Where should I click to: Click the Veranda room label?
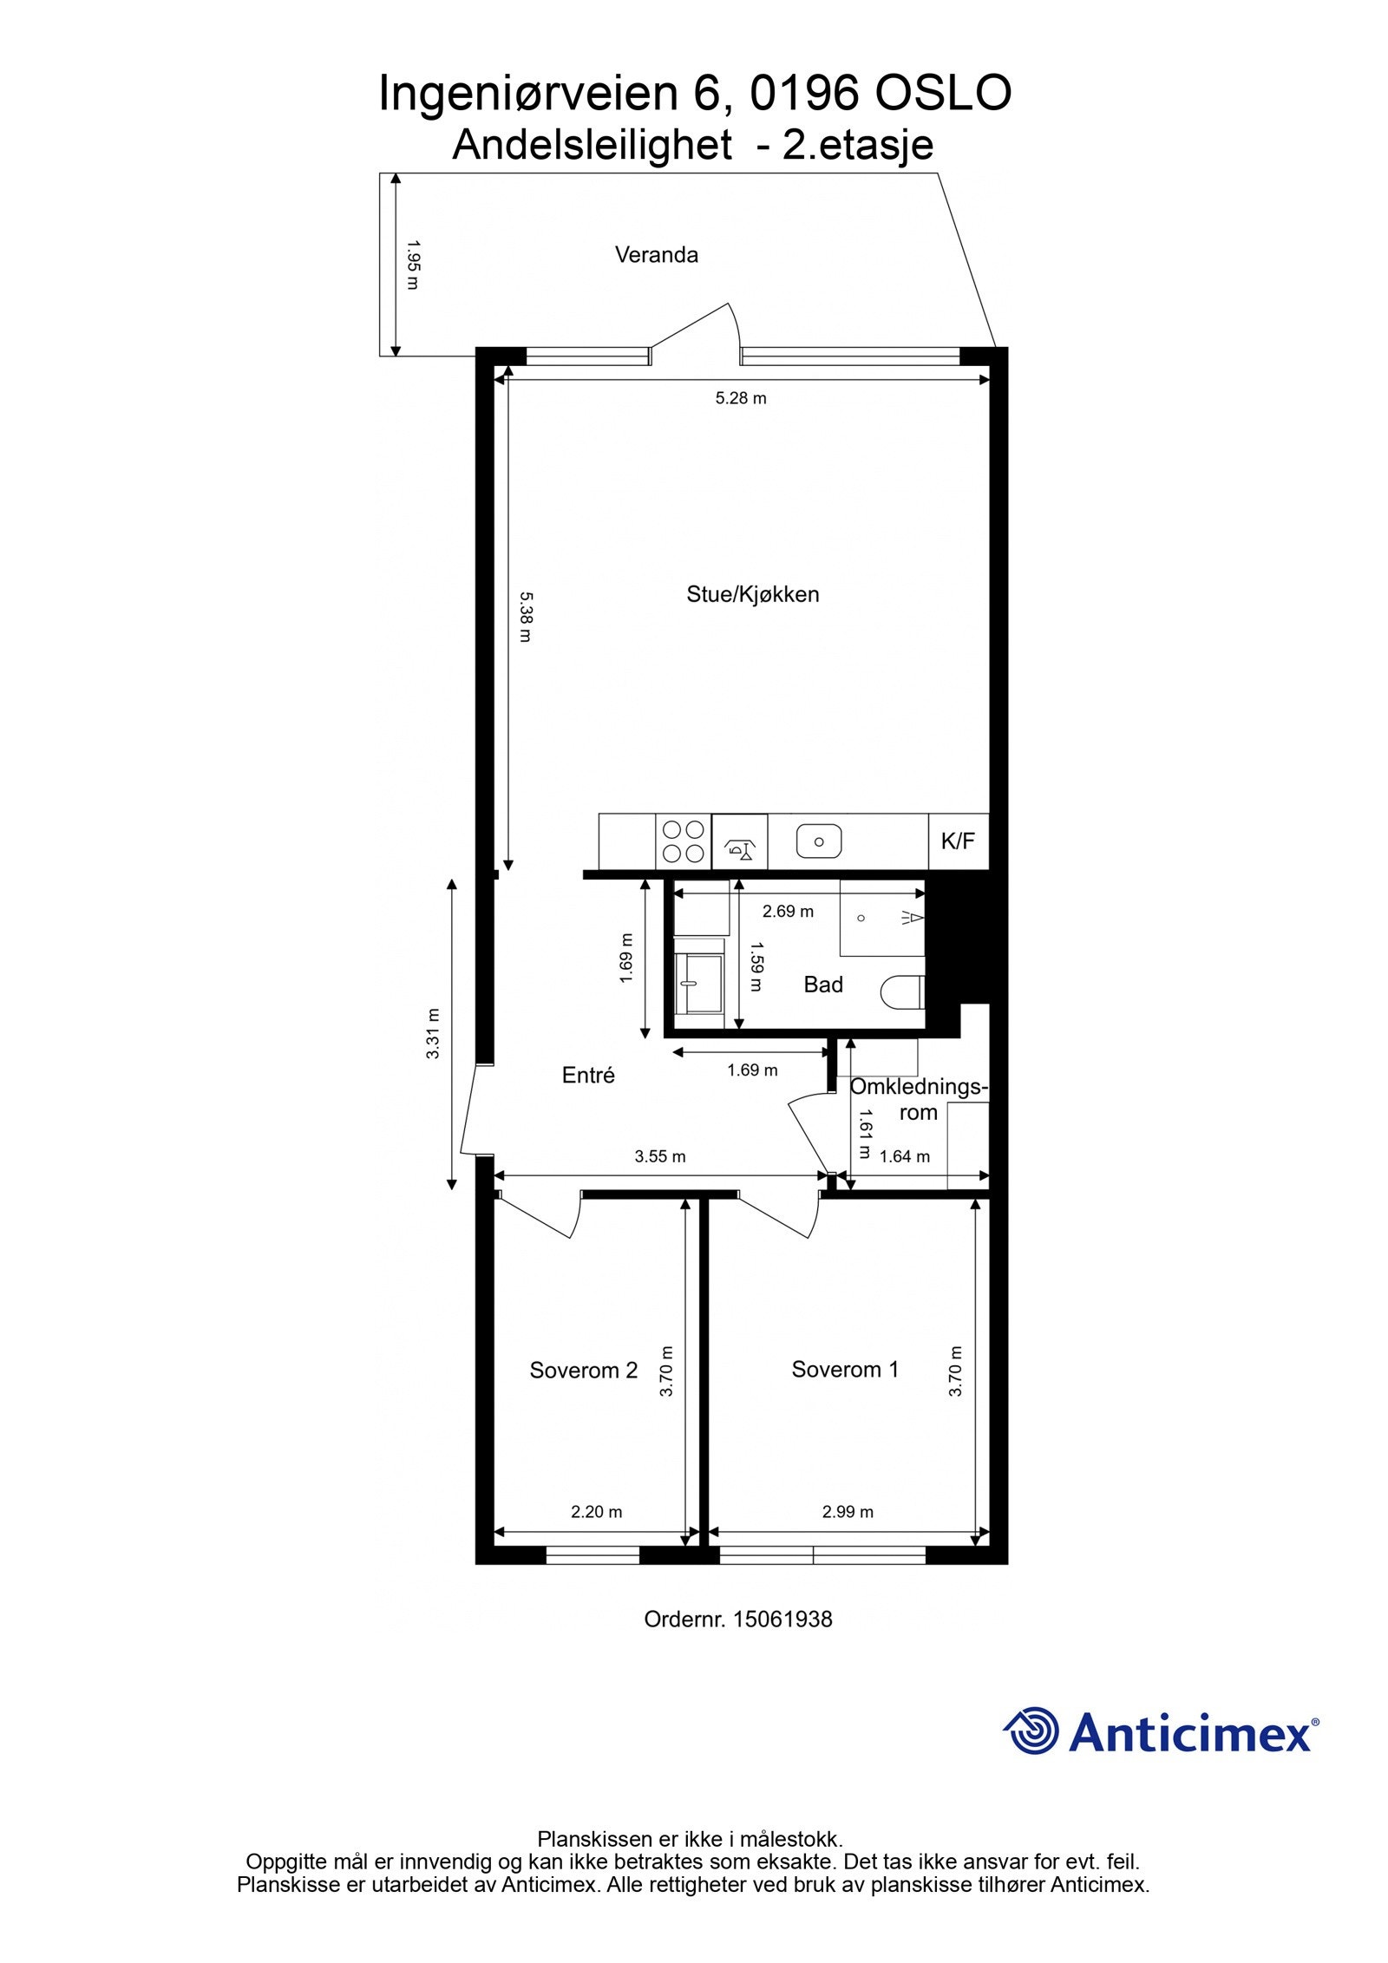(x=656, y=255)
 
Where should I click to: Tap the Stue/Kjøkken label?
(x=752, y=594)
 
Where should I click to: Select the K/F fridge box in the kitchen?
(x=958, y=841)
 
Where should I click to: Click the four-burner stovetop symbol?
(x=683, y=841)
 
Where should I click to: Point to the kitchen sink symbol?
(x=818, y=841)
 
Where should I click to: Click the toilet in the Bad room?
(x=903, y=991)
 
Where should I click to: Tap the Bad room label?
(x=822, y=985)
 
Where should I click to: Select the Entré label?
(x=588, y=1076)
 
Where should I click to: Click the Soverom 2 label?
(x=583, y=1371)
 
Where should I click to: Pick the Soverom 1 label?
(x=844, y=1370)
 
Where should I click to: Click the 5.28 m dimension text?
(x=740, y=399)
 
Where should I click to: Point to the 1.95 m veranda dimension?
(x=412, y=265)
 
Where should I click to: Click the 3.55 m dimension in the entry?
(x=659, y=1156)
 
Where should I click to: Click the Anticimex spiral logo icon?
(x=1031, y=1751)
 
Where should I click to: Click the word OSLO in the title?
(x=942, y=94)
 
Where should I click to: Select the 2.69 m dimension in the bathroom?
(x=788, y=912)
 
